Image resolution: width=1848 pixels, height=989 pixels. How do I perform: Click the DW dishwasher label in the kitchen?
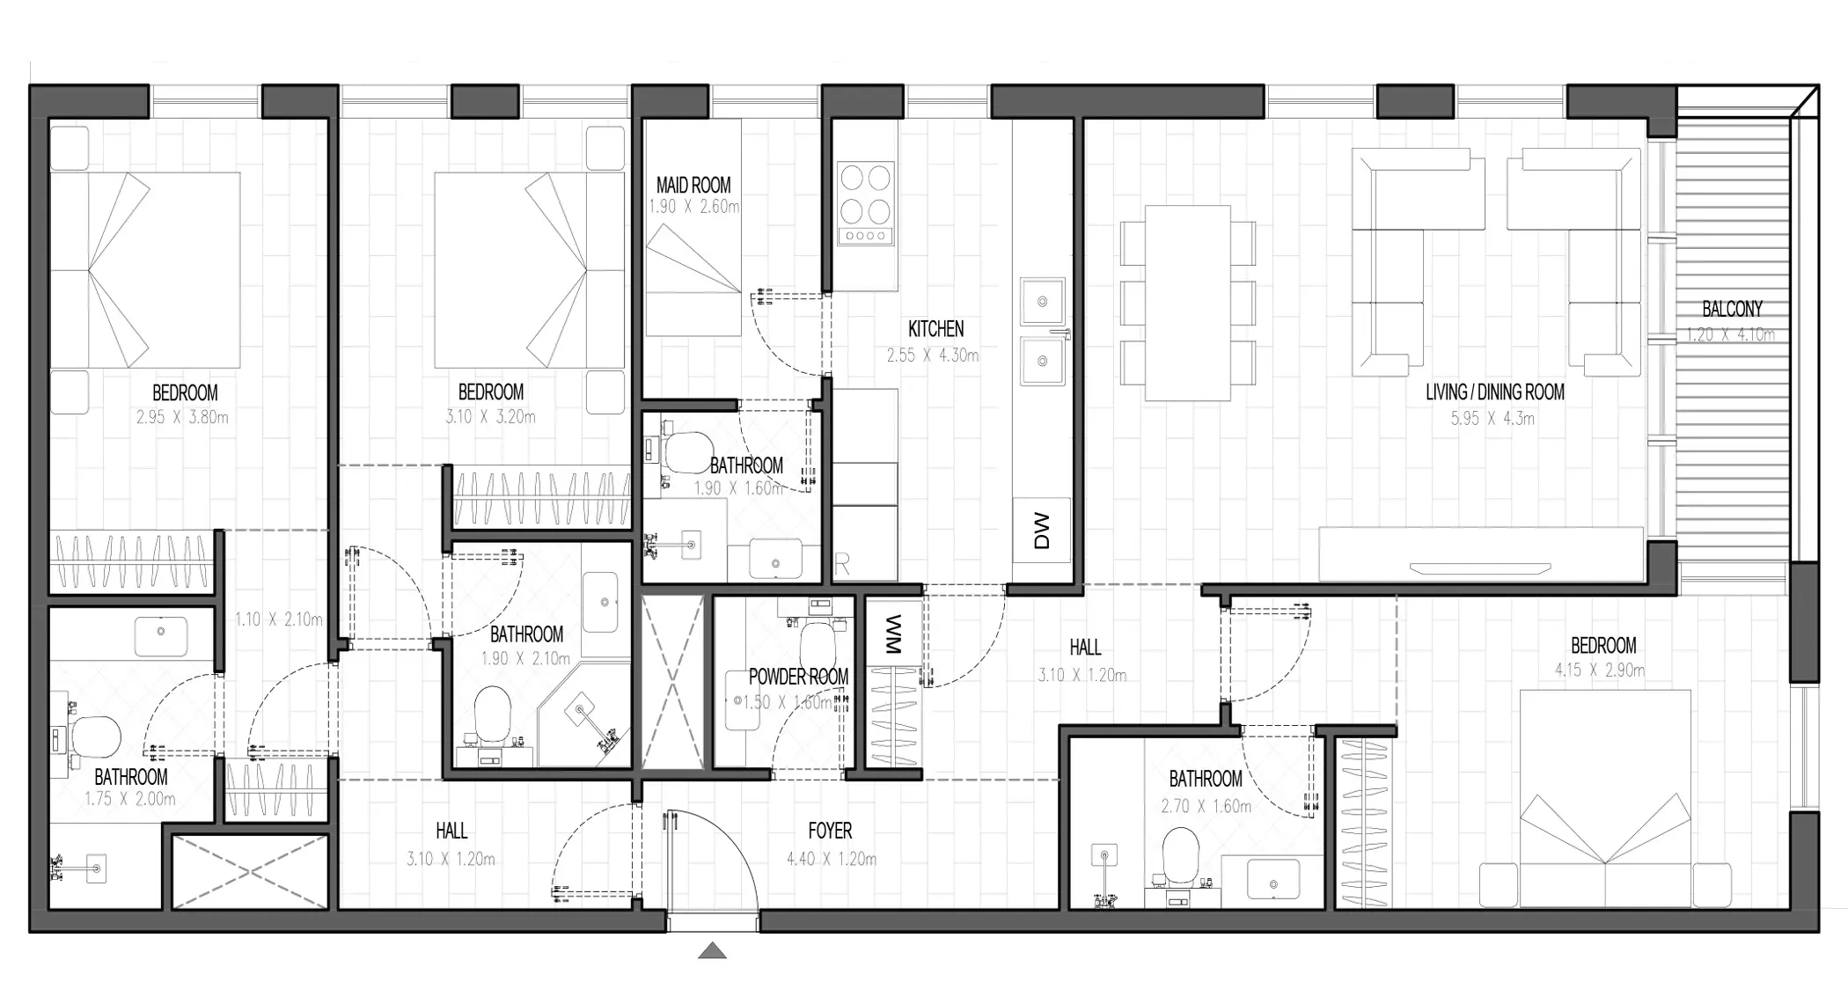pyautogui.click(x=1042, y=531)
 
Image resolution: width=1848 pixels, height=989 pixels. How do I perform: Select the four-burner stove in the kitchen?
pyautogui.click(x=865, y=202)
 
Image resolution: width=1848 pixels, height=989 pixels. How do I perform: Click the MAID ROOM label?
pyautogui.click(x=693, y=185)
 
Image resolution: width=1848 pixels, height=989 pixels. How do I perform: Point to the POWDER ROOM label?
pyautogui.click(x=798, y=677)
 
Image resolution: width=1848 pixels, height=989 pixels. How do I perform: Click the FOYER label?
pyautogui.click(x=830, y=831)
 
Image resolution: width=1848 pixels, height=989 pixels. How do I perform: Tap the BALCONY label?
pyautogui.click(x=1732, y=309)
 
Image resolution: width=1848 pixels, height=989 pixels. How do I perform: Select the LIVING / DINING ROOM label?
pyautogui.click(x=1495, y=392)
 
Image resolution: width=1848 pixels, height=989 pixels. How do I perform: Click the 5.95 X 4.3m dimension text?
pyautogui.click(x=1492, y=419)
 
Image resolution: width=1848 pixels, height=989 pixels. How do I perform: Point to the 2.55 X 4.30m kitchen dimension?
pyautogui.click(x=933, y=355)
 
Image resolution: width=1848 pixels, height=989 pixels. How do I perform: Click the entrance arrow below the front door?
pyautogui.click(x=713, y=950)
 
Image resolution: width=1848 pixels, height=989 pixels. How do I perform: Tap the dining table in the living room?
pyautogui.click(x=1187, y=303)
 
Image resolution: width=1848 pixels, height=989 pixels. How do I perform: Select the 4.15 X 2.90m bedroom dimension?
pyautogui.click(x=1599, y=670)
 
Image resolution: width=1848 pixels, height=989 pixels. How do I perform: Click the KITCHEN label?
pyautogui.click(x=935, y=329)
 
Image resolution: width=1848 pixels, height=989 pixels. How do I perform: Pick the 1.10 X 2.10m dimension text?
pyautogui.click(x=279, y=619)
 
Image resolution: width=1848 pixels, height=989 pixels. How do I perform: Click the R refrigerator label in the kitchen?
pyautogui.click(x=842, y=565)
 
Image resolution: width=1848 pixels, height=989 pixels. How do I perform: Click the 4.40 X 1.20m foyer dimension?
pyautogui.click(x=832, y=859)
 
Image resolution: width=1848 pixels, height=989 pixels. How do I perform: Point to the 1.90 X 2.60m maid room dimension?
pyautogui.click(x=694, y=207)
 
